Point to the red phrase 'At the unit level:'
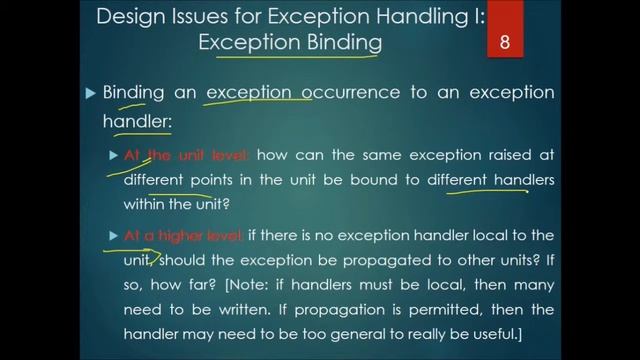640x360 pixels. pos(187,156)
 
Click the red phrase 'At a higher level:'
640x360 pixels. pos(183,236)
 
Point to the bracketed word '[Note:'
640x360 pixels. pos(246,284)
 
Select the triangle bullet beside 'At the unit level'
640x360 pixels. pos(113,156)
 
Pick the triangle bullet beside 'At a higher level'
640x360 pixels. pos(113,236)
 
